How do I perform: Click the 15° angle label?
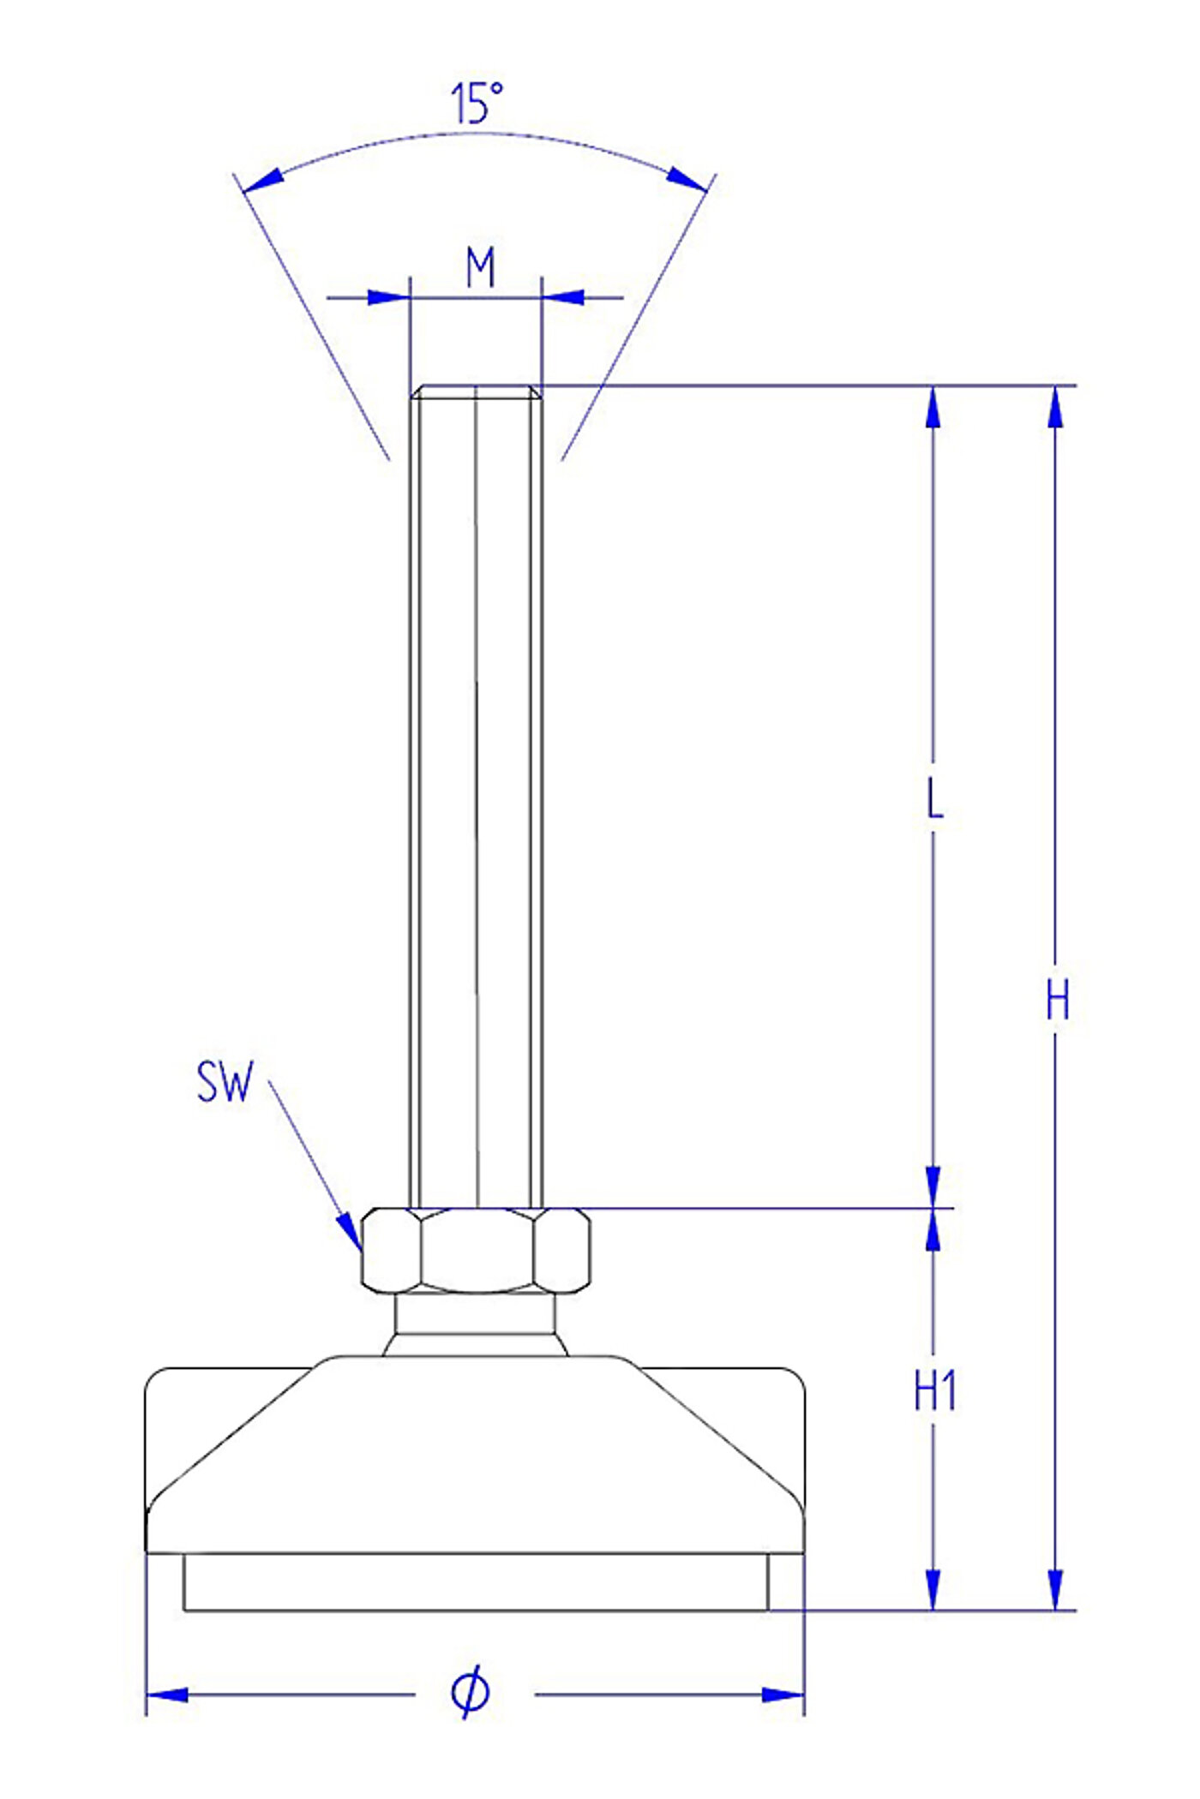click(477, 104)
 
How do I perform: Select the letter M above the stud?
click(481, 267)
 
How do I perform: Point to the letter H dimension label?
click(1058, 1000)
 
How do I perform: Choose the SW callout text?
click(225, 1081)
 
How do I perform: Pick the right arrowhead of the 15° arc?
click(687, 179)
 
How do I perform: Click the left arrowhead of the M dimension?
click(388, 297)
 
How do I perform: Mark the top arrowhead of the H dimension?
click(1056, 407)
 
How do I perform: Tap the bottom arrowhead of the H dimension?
click(1056, 1589)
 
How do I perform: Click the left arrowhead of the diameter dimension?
click(167, 1694)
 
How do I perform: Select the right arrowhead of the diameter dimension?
click(783, 1694)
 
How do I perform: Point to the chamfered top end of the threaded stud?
click(476, 392)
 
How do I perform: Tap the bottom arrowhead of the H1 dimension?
click(933, 1589)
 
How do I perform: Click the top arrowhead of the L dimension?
click(933, 407)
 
